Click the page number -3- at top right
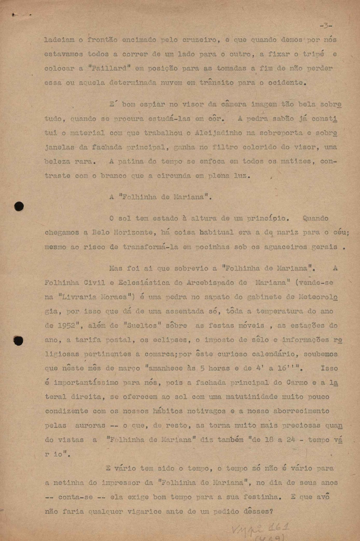(326, 26)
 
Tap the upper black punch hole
(19, 206)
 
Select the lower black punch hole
(18, 341)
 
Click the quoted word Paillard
(109, 68)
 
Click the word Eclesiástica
(144, 283)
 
